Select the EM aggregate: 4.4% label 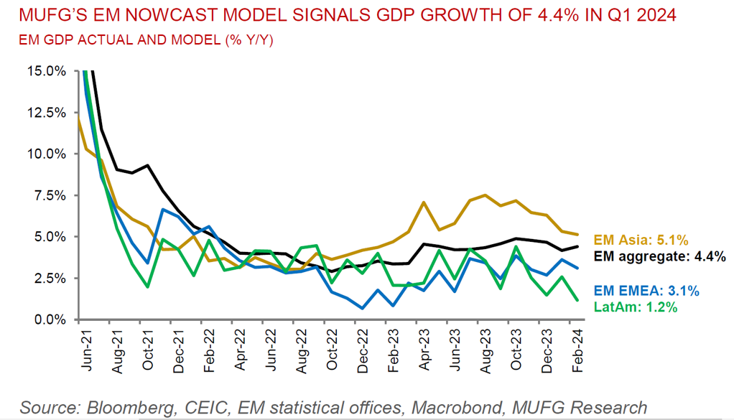coord(658,256)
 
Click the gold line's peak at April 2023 coord(424,202)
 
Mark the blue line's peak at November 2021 coord(163,209)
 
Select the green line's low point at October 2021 coord(147,287)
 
